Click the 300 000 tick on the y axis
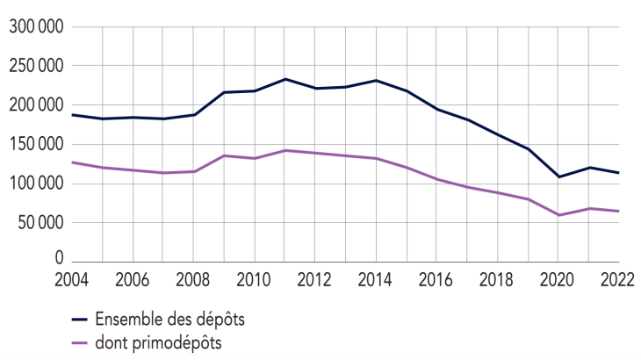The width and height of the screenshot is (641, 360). (x=36, y=27)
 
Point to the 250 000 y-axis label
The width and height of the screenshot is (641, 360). (x=36, y=66)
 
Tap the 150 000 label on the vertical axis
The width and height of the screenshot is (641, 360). (x=36, y=144)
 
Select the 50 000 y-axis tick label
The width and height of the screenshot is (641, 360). (x=40, y=222)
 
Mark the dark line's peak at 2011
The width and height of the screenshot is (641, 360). (x=284, y=79)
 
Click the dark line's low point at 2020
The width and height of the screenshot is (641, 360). (x=558, y=176)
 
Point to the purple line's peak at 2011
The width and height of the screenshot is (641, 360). (x=284, y=150)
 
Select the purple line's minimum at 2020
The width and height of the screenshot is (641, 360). (x=558, y=215)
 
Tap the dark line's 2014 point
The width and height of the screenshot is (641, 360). (x=376, y=81)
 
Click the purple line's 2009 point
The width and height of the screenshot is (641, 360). (x=224, y=155)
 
